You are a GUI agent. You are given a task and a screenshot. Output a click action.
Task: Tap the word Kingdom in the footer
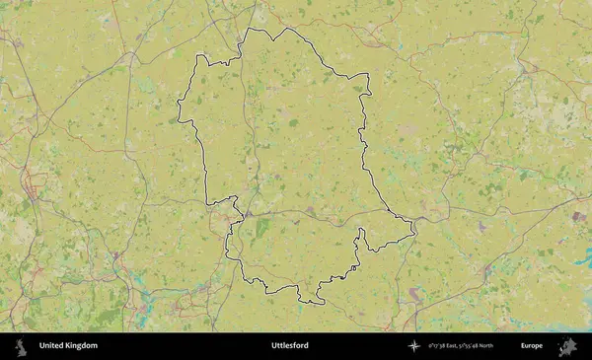pos(82,346)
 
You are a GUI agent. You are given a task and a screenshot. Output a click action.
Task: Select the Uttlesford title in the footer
pos(290,346)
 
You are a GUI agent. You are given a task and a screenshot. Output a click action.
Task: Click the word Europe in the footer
pos(532,346)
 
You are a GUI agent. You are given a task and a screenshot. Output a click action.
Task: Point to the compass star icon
pos(414,346)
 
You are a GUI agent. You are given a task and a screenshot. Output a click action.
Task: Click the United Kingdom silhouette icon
pos(19,346)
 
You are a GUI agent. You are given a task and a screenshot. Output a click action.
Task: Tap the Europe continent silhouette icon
pos(568,346)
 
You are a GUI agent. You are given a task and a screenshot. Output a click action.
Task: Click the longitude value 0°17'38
pos(439,346)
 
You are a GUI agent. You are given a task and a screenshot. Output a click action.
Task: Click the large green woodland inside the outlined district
pos(261,228)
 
